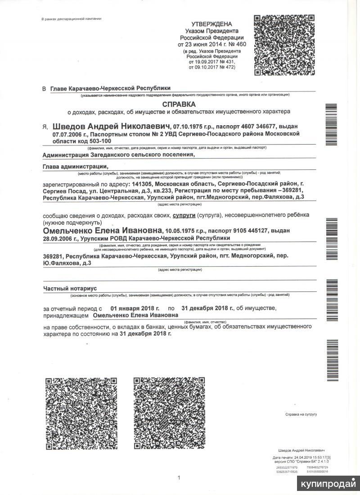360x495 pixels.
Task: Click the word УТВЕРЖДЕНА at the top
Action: click(211, 24)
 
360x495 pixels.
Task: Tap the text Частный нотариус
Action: click(70, 288)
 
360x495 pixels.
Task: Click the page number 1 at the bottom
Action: click(179, 478)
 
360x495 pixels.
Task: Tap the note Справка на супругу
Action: click(301, 414)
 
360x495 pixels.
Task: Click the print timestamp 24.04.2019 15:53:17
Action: click(309, 458)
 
